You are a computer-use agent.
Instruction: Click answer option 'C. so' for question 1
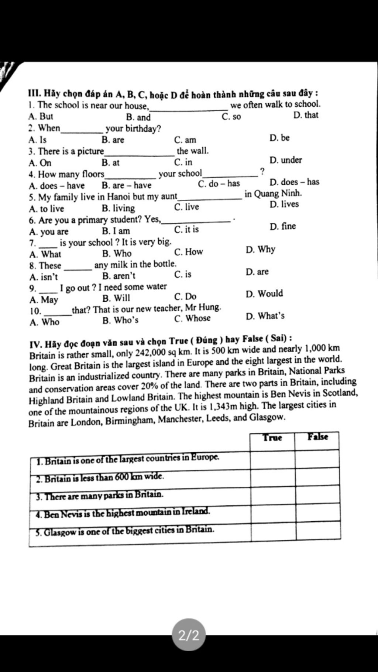231,117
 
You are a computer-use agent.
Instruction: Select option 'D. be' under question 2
279,138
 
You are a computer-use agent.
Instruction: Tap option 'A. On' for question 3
40,163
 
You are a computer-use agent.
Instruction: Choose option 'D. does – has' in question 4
294,182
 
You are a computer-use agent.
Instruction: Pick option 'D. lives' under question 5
284,204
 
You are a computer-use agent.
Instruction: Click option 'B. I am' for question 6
116,231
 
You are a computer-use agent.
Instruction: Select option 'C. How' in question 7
188,252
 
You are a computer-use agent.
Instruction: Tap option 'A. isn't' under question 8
44,277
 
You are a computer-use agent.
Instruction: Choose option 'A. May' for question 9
44,299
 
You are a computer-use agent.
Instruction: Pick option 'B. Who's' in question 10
120,320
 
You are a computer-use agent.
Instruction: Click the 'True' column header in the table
272,438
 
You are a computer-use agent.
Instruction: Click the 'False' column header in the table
318,437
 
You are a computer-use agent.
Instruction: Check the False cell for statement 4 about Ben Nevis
318,513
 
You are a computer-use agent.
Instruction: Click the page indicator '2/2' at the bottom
189,635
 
